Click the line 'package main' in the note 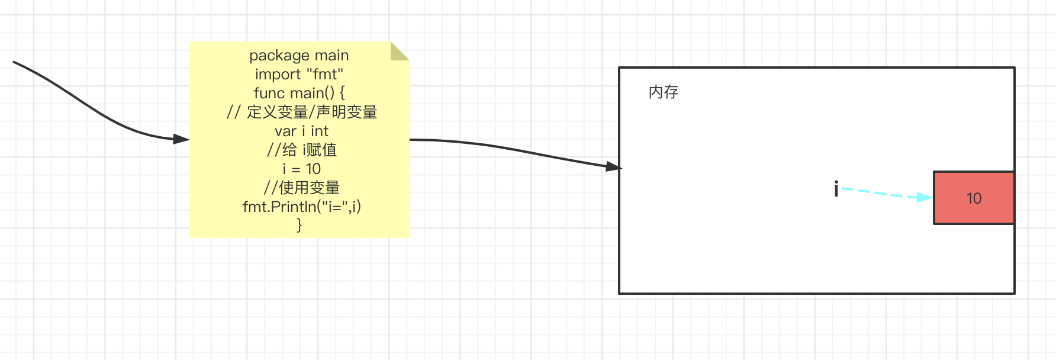(x=299, y=56)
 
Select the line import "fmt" (x=299, y=75)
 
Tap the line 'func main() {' (x=299, y=94)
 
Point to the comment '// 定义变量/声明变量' (x=301, y=112)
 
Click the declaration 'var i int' (x=301, y=131)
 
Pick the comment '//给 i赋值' (x=301, y=150)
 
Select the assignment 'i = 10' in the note (x=301, y=169)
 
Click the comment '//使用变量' (x=301, y=188)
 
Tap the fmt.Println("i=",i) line (x=301, y=207)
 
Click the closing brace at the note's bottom (x=299, y=225)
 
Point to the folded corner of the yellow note (x=398, y=51)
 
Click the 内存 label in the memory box (x=664, y=92)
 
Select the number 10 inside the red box (x=974, y=198)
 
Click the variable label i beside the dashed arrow (x=836, y=189)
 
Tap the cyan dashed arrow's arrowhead (x=924, y=197)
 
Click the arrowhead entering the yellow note (x=181, y=139)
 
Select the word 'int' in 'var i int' (x=320, y=131)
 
